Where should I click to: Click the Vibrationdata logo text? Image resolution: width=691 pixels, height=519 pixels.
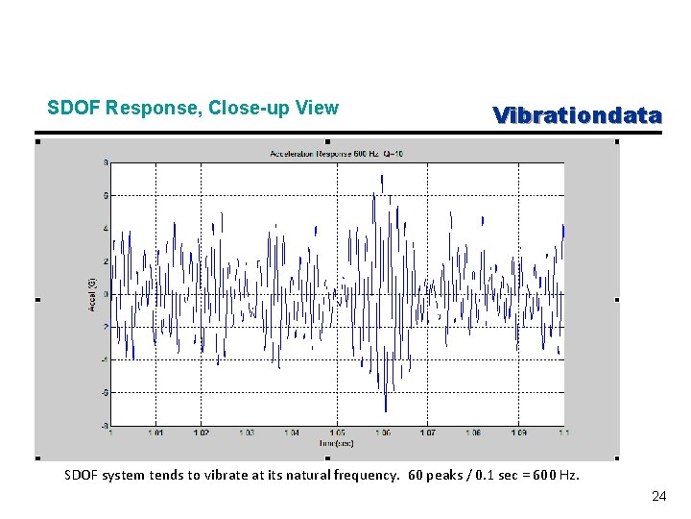tap(577, 115)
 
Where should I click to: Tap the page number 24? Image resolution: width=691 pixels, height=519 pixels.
tap(658, 496)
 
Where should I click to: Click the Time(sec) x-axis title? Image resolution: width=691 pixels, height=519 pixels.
tap(337, 442)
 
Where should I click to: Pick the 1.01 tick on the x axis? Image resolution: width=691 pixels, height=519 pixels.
tap(155, 433)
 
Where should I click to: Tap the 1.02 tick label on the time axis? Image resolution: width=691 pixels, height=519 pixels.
tap(201, 433)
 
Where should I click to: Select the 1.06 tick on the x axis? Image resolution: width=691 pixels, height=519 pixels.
tap(382, 433)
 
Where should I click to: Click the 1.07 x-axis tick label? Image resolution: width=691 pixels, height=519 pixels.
tap(428, 433)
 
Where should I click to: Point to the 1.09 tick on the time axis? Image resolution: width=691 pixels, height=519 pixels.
tap(518, 433)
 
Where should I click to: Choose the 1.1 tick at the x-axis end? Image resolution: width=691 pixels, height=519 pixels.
tap(562, 433)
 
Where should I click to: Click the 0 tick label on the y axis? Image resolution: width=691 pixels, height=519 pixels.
tap(106, 294)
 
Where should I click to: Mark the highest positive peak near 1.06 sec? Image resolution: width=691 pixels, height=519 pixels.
tap(382, 179)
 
